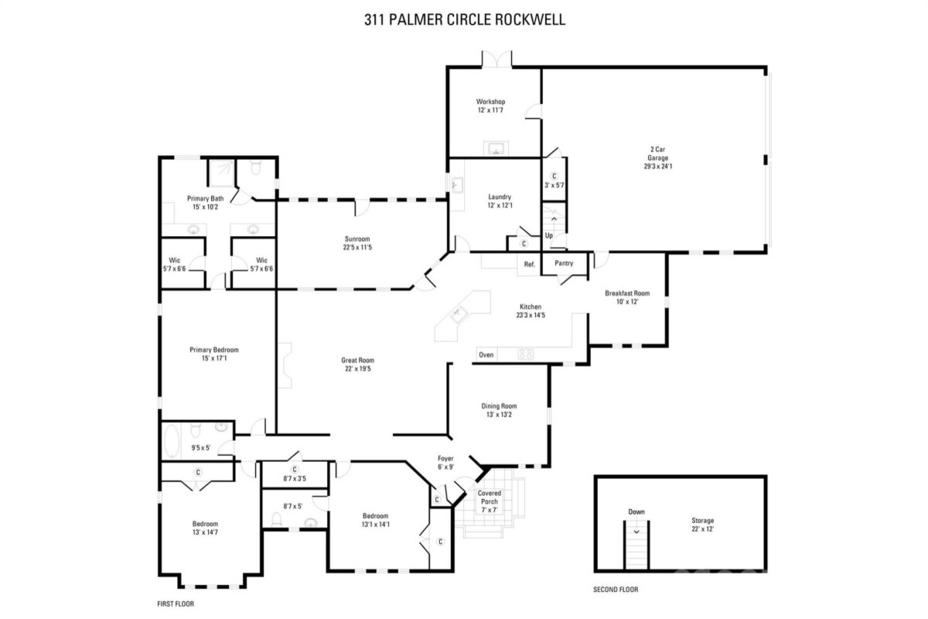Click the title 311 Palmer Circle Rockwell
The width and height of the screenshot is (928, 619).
(465, 19)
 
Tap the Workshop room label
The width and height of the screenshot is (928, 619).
(490, 101)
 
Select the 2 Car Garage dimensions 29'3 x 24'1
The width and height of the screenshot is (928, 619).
(658, 166)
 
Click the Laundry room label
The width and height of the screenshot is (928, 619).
(500, 197)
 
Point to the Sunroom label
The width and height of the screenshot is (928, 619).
(357, 239)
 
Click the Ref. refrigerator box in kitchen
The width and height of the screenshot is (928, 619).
(529, 265)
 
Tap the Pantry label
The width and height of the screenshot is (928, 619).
(564, 263)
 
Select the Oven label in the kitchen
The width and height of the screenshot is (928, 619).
(486, 355)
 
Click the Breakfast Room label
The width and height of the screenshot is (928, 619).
(627, 293)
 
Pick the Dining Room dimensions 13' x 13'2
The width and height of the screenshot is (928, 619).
(500, 415)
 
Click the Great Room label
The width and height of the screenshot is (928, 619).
(357, 361)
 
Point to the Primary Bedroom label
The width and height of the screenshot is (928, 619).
(214, 350)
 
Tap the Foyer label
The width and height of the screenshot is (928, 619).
(445, 458)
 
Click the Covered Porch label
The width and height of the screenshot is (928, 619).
(490, 497)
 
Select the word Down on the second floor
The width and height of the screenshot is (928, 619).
(636, 511)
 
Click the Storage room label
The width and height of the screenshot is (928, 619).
(703, 520)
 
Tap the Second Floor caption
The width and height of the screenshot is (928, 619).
(616, 589)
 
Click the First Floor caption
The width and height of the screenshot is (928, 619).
(176, 604)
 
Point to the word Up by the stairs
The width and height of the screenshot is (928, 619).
(549, 235)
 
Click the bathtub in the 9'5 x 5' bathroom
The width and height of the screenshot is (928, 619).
(172, 441)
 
